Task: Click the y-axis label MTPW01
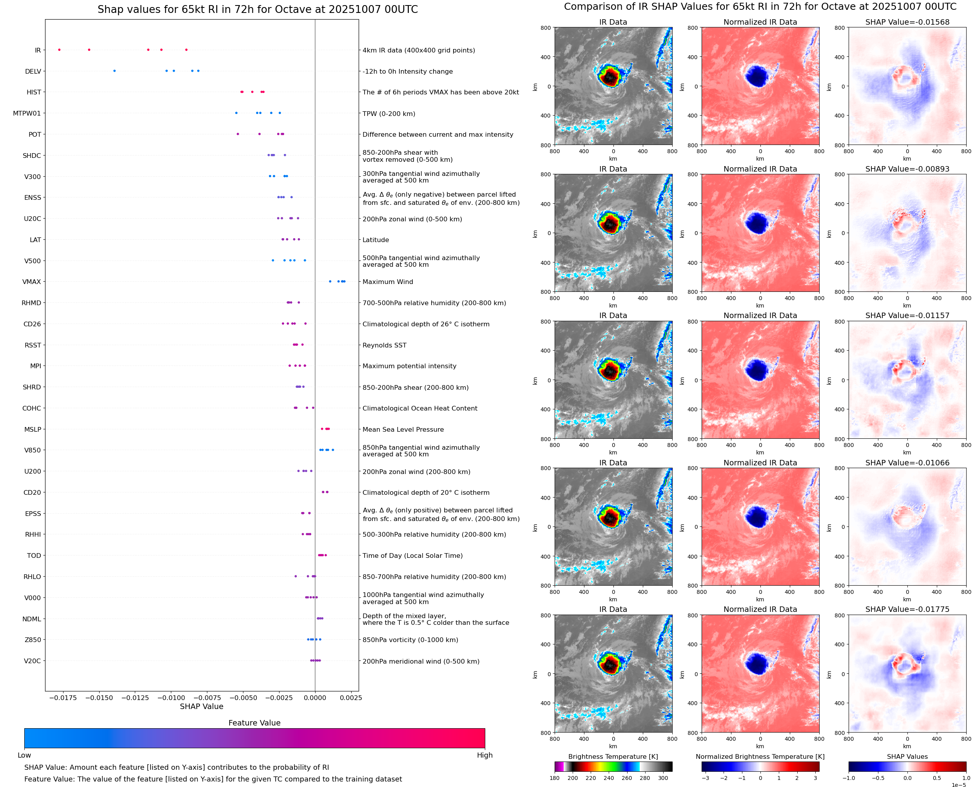click(x=27, y=113)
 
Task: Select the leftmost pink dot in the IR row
click(x=60, y=50)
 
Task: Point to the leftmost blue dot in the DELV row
click(x=114, y=71)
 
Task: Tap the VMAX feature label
click(x=32, y=282)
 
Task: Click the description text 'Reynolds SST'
click(x=384, y=346)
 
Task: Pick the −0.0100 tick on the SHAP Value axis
click(x=171, y=698)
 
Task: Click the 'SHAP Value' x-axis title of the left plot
click(x=201, y=706)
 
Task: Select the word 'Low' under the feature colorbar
click(x=24, y=755)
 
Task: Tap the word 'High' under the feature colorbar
click(x=484, y=755)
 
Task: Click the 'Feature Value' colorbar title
click(x=254, y=723)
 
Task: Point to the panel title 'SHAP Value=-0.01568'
click(x=907, y=22)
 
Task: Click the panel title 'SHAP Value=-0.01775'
click(x=907, y=609)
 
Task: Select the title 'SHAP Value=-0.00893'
click(x=907, y=169)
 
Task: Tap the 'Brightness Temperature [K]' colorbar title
click(x=613, y=756)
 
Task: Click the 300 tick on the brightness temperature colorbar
click(x=663, y=778)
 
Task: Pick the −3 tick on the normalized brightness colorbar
click(x=705, y=778)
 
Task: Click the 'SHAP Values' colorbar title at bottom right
click(x=907, y=756)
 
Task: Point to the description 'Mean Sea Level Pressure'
click(x=403, y=430)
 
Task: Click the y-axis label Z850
click(x=33, y=640)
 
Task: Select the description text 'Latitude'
click(x=376, y=240)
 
